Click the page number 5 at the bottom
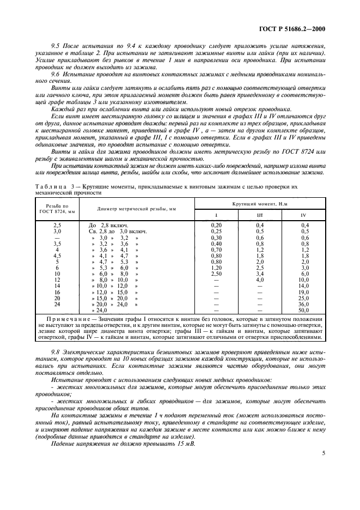323,452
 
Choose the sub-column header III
260,215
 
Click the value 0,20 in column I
216,224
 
